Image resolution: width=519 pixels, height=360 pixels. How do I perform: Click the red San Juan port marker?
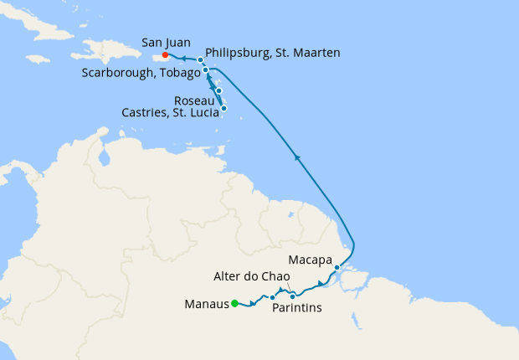(x=166, y=56)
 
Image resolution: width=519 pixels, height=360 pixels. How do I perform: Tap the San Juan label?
(x=166, y=41)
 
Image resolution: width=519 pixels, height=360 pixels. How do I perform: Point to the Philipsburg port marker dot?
(x=200, y=60)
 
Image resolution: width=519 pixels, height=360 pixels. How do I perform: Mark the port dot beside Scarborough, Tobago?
(x=206, y=71)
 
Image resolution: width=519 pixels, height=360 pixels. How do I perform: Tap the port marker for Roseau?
(x=218, y=90)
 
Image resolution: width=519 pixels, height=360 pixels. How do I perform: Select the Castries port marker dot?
(x=224, y=108)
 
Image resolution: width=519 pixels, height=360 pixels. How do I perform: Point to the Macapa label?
(x=311, y=259)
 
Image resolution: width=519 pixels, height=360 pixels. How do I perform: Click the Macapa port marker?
(x=337, y=268)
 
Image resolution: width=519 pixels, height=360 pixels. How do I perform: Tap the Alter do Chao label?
(x=251, y=277)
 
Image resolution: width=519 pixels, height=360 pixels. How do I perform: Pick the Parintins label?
(x=297, y=308)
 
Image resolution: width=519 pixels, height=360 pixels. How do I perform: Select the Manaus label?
(x=205, y=304)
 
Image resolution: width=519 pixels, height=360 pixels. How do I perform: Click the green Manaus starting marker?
(x=235, y=303)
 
